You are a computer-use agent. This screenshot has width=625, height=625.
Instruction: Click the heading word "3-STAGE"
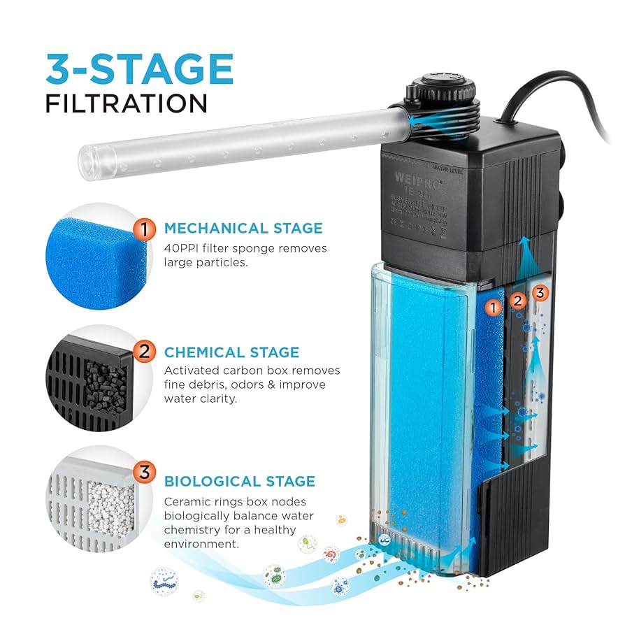(139, 69)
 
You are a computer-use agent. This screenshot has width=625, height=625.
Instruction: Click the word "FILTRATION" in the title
(127, 103)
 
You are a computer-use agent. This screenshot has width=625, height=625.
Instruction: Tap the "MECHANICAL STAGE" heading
(243, 228)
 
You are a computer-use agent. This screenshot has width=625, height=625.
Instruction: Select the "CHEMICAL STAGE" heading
(231, 352)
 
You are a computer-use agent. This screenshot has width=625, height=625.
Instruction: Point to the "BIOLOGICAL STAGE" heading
(240, 481)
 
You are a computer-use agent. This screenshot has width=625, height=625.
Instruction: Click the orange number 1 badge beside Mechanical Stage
(144, 229)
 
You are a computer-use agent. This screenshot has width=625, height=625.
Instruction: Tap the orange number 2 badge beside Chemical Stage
(144, 352)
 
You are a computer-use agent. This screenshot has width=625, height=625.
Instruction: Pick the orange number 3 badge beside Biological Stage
(144, 473)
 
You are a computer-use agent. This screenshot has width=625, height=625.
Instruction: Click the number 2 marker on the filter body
(517, 301)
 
